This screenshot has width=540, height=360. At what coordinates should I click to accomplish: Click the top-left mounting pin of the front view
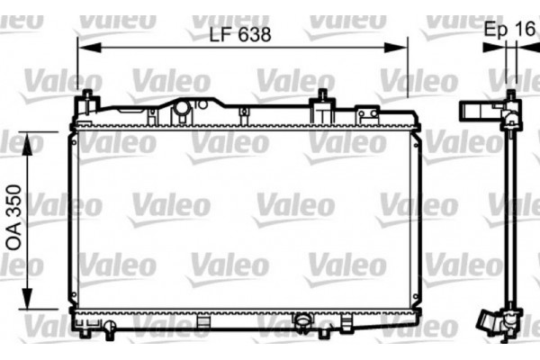pyautogui.click(x=86, y=97)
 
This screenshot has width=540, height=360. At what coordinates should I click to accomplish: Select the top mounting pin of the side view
pyautogui.click(x=511, y=95)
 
